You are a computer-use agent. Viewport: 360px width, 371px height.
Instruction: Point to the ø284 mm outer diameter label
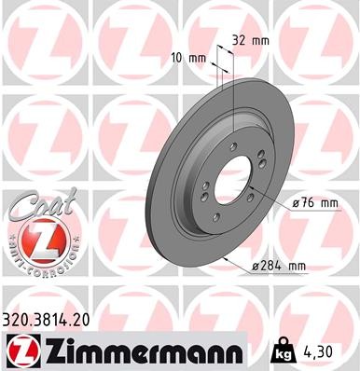[279, 267]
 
